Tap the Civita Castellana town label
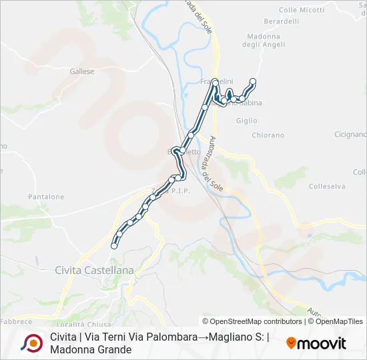(x=94, y=270)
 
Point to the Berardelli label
(x=282, y=21)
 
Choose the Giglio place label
(x=246, y=121)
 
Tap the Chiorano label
(x=268, y=135)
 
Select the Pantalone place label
(x=46, y=197)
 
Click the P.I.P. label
(x=181, y=191)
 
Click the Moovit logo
(x=316, y=343)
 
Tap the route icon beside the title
(x=31, y=343)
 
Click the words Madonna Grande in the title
(x=91, y=349)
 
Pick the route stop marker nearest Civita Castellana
(x=114, y=246)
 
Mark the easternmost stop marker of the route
(x=253, y=81)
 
